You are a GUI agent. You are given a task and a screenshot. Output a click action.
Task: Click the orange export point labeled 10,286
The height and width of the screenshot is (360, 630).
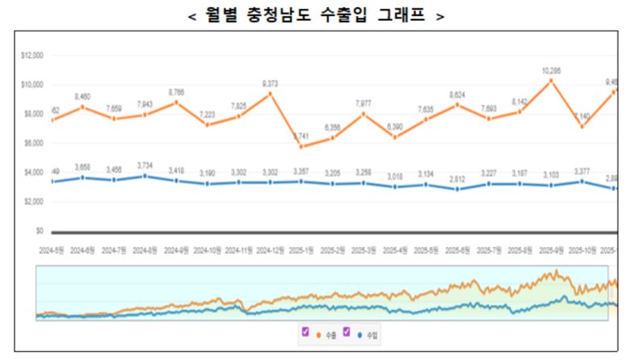click(551, 81)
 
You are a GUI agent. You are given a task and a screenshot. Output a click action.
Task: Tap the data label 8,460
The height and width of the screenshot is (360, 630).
click(82, 97)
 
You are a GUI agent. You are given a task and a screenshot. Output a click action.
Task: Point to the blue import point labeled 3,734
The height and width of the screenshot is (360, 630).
click(145, 175)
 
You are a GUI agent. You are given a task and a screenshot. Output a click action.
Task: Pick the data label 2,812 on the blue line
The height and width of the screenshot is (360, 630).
click(458, 178)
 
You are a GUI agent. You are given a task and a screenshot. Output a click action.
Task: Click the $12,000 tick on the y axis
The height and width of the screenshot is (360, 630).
click(32, 56)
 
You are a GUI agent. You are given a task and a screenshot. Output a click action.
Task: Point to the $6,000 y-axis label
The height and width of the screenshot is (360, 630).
click(33, 144)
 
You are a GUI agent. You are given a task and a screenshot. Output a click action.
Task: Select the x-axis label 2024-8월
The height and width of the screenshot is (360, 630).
click(145, 250)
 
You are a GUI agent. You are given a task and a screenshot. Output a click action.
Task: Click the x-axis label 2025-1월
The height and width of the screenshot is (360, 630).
click(302, 250)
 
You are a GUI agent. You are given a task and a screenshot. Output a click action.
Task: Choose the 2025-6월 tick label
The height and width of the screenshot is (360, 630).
click(458, 250)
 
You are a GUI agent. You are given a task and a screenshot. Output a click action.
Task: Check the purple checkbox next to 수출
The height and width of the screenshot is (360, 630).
click(305, 332)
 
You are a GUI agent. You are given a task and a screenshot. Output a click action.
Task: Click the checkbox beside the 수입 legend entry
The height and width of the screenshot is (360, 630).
click(346, 332)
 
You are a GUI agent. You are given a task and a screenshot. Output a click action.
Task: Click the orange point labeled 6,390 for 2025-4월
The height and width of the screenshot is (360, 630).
click(395, 137)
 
